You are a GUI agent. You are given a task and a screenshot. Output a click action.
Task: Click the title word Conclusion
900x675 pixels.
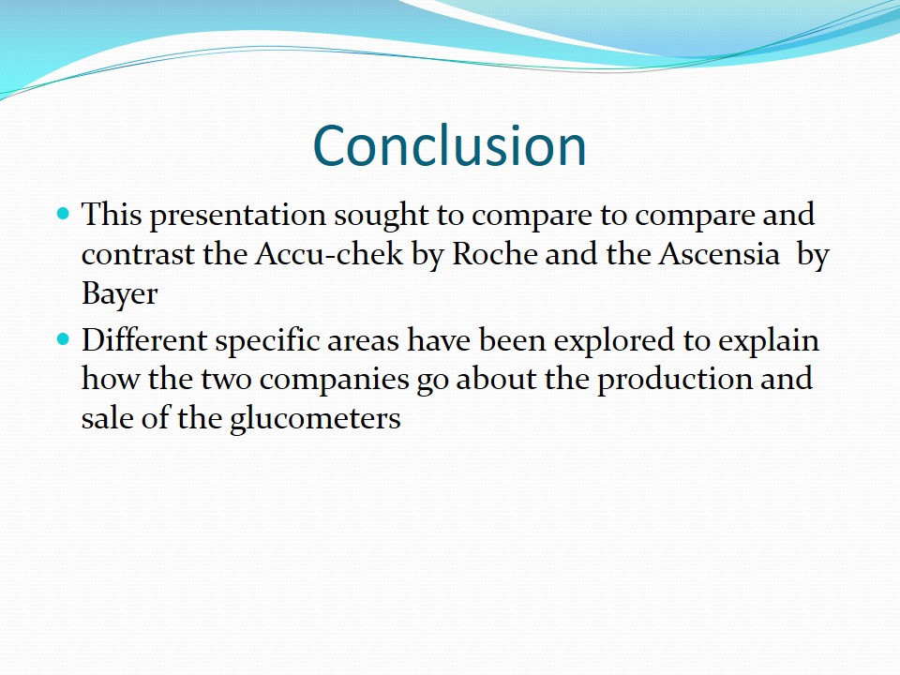[x=449, y=146]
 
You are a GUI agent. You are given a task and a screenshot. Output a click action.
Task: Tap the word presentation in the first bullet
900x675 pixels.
[x=238, y=217]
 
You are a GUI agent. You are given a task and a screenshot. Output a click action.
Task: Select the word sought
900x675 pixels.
[x=382, y=217]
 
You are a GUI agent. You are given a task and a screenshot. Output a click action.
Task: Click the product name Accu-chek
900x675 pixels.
[x=329, y=254]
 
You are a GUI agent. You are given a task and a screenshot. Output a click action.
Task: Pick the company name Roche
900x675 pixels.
[x=494, y=254]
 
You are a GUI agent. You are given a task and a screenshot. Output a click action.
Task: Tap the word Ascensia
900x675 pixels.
[x=719, y=254]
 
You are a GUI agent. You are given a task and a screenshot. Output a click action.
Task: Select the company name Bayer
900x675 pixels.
[x=119, y=294]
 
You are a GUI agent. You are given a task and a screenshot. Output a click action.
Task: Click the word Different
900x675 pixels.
[x=144, y=339]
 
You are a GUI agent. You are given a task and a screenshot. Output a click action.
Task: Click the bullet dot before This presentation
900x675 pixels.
[x=63, y=215]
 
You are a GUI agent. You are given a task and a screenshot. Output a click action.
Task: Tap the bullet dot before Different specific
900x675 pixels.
[x=63, y=339]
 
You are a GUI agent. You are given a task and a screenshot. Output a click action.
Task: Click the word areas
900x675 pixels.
[x=363, y=343]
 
